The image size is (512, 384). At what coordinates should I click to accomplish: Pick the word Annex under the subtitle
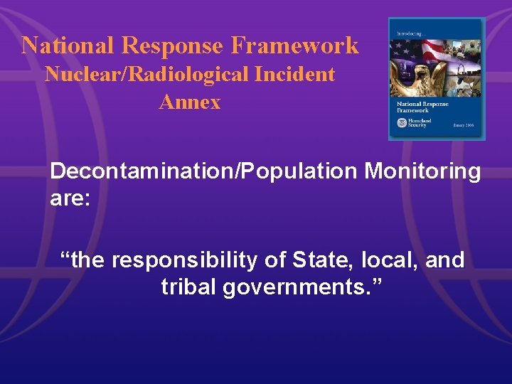click(x=190, y=102)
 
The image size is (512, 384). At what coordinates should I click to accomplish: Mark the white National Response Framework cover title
click(x=421, y=107)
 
